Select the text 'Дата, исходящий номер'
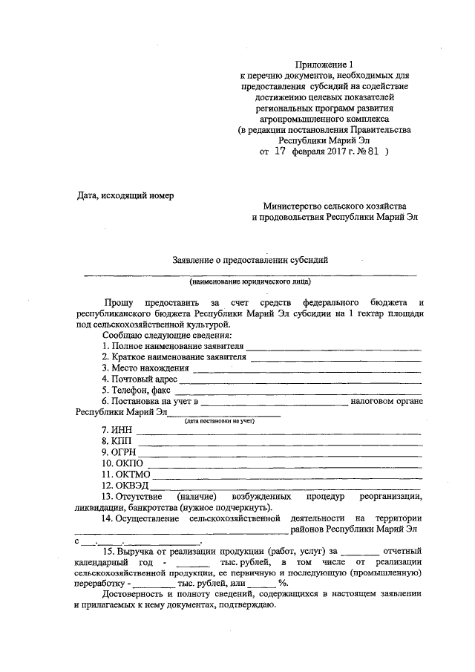pos(125,196)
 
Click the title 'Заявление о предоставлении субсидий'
pos(249,260)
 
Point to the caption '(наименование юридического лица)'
pos(249,282)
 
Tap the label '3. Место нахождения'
pos(145,368)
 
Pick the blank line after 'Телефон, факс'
pos(298,392)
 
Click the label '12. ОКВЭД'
pos(125,486)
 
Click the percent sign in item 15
pos(283,583)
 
